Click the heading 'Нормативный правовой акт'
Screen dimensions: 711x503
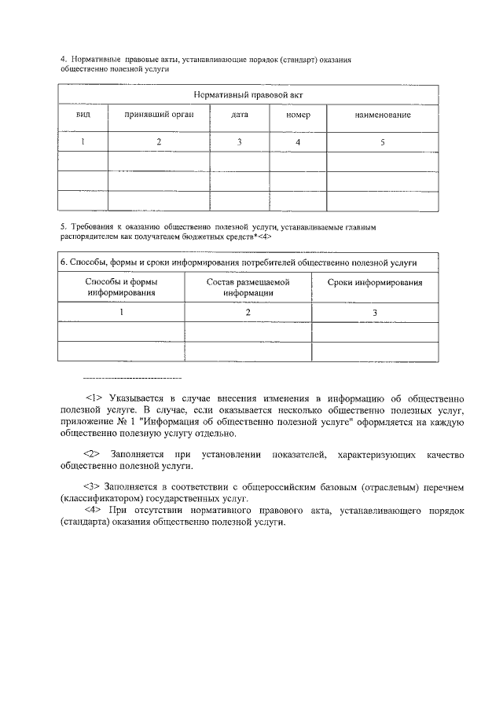click(248, 94)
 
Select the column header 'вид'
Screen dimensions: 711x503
click(83, 115)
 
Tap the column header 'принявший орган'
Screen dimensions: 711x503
click(159, 115)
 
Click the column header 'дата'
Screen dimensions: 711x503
click(240, 115)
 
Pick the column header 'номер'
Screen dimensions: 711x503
click(298, 115)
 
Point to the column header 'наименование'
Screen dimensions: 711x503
click(382, 115)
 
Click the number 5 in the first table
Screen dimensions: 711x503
click(382, 142)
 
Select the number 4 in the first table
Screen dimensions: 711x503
click(298, 142)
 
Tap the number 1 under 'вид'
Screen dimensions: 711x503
click(83, 142)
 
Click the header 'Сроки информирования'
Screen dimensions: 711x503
click(375, 282)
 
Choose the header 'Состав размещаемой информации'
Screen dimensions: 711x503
click(248, 287)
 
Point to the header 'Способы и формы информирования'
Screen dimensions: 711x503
click(122, 287)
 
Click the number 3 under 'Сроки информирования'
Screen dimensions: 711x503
click(375, 313)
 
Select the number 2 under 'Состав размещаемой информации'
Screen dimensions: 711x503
click(248, 313)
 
